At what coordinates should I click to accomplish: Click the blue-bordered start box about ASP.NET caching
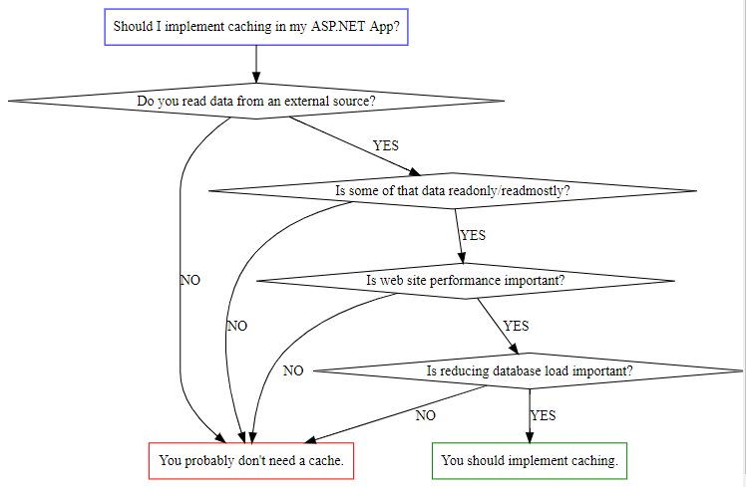point(256,27)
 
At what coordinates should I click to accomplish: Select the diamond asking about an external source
point(256,101)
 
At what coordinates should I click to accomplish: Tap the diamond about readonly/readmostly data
point(452,190)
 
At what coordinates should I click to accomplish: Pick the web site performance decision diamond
point(466,280)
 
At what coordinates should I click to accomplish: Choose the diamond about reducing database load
point(529,370)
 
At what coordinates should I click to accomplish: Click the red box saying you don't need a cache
point(251,461)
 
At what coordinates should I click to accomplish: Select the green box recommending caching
point(529,461)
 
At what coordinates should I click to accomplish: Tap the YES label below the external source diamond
point(385,145)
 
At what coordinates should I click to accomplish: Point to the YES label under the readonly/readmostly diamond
point(473,235)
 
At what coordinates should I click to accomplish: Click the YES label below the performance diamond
point(516,326)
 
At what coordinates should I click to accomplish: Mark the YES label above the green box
point(543,415)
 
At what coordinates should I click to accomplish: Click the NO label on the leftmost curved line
point(189,280)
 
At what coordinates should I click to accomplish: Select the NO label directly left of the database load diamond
point(292,370)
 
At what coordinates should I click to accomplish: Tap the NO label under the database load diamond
point(426,415)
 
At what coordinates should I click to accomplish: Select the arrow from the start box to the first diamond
point(256,65)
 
